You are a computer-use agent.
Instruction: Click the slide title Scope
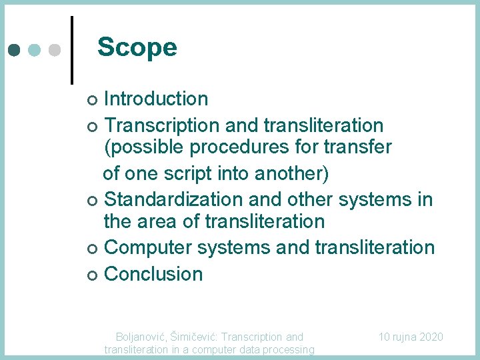137,47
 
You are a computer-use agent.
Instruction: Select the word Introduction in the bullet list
156,99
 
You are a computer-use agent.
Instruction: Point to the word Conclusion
153,274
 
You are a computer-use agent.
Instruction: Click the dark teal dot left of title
14,50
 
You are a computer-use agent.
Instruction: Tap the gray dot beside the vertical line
55,50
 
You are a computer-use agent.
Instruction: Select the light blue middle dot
35,50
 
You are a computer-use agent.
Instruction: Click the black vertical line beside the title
71,50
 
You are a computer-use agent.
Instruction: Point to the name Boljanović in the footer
141,337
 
